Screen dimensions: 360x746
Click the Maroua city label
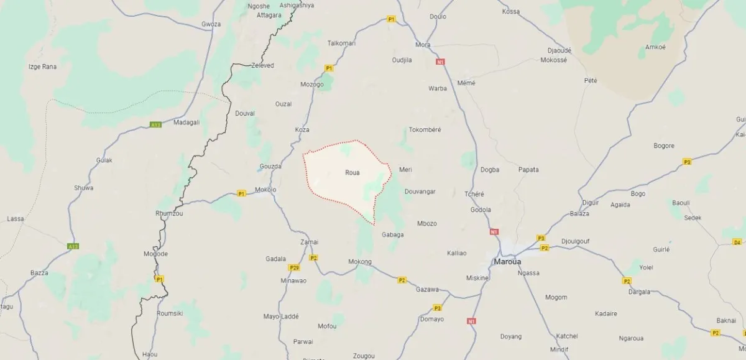(507, 261)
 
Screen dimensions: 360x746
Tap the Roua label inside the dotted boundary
(352, 173)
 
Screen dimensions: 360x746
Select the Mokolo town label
(265, 190)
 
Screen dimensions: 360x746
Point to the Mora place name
(423, 45)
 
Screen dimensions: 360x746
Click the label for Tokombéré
(425, 130)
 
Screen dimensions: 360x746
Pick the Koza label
(302, 129)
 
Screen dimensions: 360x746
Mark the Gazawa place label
(428, 289)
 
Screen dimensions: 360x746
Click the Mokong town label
(360, 261)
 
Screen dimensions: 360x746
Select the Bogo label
(638, 193)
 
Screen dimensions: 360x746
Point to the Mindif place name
(559, 349)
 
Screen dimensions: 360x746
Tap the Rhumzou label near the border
(169, 213)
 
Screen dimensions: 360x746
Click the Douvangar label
(420, 192)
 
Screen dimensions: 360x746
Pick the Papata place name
(528, 169)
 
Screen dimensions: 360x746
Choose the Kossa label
(510, 11)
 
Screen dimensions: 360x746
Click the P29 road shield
(295, 268)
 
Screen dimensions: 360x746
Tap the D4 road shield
(737, 242)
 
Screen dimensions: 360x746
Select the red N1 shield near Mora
(441, 62)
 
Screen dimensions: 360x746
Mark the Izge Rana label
(43, 66)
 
